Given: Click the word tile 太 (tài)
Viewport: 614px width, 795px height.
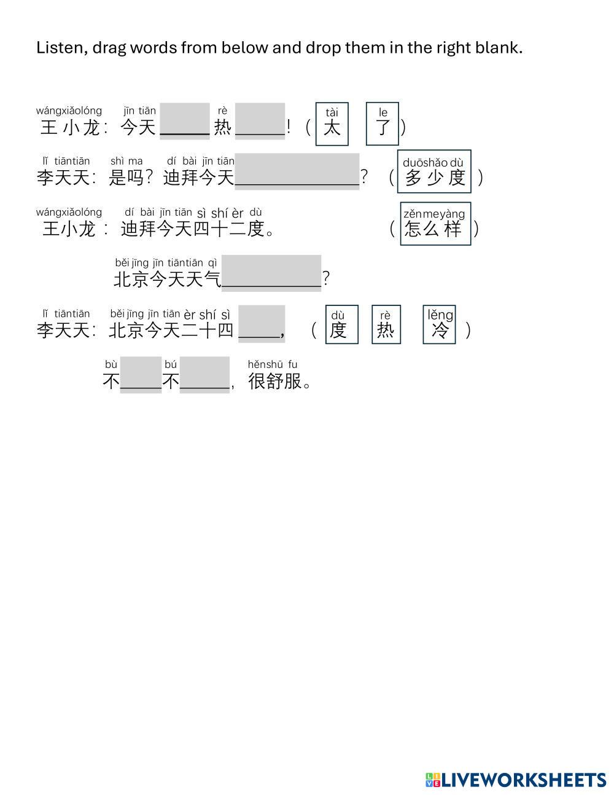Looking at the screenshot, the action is (332, 123).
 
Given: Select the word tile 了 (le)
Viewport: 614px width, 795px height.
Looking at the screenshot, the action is (383, 123).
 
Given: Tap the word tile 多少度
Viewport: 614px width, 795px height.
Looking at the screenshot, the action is (434, 171).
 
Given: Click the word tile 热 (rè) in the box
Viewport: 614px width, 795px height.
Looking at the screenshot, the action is (386, 324).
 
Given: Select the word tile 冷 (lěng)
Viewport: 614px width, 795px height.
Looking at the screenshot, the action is (440, 324).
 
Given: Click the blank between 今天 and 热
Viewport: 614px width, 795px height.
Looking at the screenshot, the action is (184, 121).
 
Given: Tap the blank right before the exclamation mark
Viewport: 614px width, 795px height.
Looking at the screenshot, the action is (260, 121).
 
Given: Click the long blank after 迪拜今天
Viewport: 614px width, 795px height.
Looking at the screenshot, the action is (297, 171).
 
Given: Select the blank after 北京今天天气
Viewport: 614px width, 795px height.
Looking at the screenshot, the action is (271, 273).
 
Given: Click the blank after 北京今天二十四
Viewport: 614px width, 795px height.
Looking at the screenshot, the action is (261, 323).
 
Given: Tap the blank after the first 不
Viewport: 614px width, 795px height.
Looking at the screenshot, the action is (141, 375).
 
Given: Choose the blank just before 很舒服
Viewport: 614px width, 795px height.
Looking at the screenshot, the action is (204, 375).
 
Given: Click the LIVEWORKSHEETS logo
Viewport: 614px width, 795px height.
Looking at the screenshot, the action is (515, 780).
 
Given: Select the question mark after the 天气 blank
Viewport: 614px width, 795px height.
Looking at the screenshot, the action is (326, 279).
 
